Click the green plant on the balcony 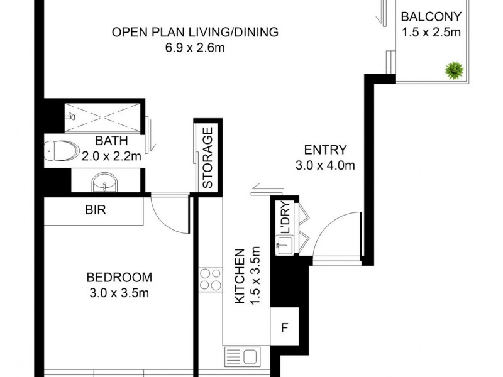pyautogui.click(x=454, y=70)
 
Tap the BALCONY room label pyautogui.click(x=431, y=16)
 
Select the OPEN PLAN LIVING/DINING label pyautogui.click(x=195, y=33)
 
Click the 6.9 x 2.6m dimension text pyautogui.click(x=195, y=48)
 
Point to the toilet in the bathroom pyautogui.click(x=62, y=151)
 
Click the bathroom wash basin pyautogui.click(x=104, y=182)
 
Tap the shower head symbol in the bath pyautogui.click(x=70, y=116)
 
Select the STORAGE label pyautogui.click(x=208, y=158)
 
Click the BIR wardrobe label pyautogui.click(x=96, y=210)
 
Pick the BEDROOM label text pyautogui.click(x=119, y=277)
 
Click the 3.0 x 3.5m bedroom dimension pyautogui.click(x=119, y=293)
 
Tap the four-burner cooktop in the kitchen pyautogui.click(x=211, y=280)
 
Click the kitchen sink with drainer pyautogui.click(x=243, y=356)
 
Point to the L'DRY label pyautogui.click(x=285, y=217)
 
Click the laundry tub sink pyautogui.click(x=284, y=245)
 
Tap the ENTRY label pyautogui.click(x=325, y=150)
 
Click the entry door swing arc pyautogui.click(x=327, y=222)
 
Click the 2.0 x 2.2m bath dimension pyautogui.click(x=111, y=156)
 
